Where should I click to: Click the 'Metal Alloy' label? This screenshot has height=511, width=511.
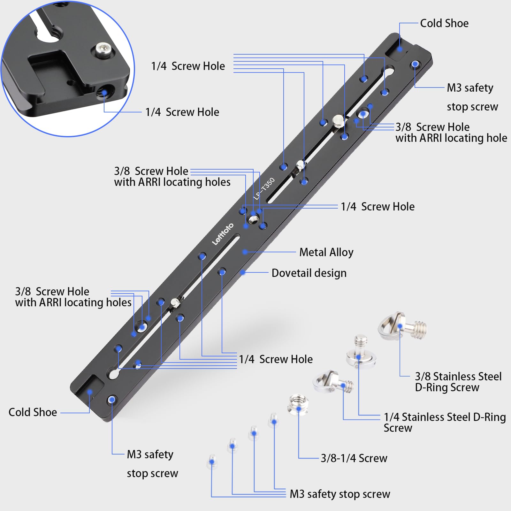(326, 252)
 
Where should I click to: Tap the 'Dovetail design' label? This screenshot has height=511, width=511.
(309, 273)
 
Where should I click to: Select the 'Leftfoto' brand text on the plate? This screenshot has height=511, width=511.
(223, 234)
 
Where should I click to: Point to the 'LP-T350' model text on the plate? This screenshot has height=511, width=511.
(264, 189)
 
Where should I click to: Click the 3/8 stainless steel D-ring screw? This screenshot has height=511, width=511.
(401, 327)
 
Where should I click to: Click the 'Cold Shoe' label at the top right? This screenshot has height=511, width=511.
(444, 23)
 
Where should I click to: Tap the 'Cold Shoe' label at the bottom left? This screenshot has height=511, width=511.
(33, 412)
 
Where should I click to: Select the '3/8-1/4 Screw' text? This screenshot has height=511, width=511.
(354, 458)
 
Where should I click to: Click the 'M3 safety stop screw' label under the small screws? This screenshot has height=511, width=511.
(339, 494)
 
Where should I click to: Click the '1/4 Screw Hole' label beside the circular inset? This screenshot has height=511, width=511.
(182, 112)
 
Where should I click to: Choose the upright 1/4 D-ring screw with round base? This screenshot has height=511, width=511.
(361, 351)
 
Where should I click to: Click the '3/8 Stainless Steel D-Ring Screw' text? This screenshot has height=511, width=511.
(458, 382)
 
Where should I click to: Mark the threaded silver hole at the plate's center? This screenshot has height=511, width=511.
(254, 219)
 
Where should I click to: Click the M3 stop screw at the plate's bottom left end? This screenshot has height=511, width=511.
(111, 400)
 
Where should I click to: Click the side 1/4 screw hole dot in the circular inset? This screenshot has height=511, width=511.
(104, 93)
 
